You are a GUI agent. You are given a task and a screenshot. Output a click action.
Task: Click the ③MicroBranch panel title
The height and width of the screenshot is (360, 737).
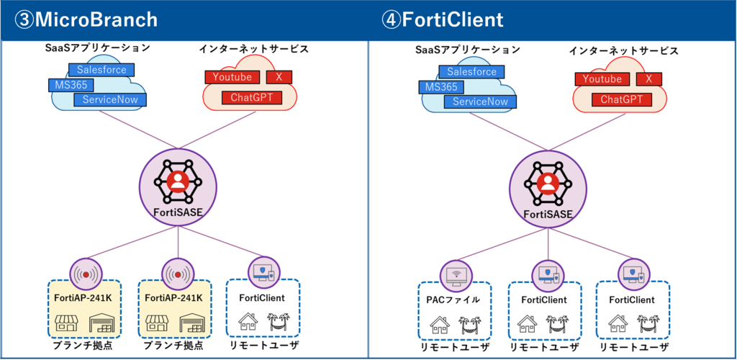[x=86, y=19]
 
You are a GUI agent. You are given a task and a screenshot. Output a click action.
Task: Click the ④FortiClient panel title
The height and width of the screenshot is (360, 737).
[x=442, y=19]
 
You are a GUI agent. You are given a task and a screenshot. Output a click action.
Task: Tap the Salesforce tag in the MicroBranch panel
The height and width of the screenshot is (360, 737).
[x=101, y=70]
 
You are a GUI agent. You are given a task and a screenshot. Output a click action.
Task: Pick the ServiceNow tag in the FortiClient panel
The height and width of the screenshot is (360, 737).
[x=476, y=102]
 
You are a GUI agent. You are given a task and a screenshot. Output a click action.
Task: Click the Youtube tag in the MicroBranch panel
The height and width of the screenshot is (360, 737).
[x=232, y=77]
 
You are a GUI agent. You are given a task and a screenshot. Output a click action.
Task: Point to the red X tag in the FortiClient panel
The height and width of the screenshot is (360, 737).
[x=648, y=79]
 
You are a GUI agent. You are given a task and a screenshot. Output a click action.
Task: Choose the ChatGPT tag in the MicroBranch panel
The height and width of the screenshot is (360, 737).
[x=251, y=97]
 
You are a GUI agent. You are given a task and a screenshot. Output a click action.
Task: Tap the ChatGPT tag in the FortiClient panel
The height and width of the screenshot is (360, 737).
[x=621, y=99]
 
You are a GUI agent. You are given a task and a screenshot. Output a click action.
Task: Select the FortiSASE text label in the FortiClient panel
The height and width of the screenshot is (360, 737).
[x=548, y=214]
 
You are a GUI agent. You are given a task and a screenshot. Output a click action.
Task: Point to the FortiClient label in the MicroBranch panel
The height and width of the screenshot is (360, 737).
[x=262, y=297]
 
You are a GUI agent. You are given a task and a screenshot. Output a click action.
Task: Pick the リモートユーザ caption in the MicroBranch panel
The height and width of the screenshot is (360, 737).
[x=263, y=345]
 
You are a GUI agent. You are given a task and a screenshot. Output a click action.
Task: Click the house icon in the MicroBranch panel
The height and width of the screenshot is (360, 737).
[x=247, y=321]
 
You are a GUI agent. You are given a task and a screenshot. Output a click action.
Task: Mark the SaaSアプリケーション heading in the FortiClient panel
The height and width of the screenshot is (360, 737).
[x=467, y=50]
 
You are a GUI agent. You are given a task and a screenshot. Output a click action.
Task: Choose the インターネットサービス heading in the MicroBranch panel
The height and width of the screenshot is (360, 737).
[x=253, y=49]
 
